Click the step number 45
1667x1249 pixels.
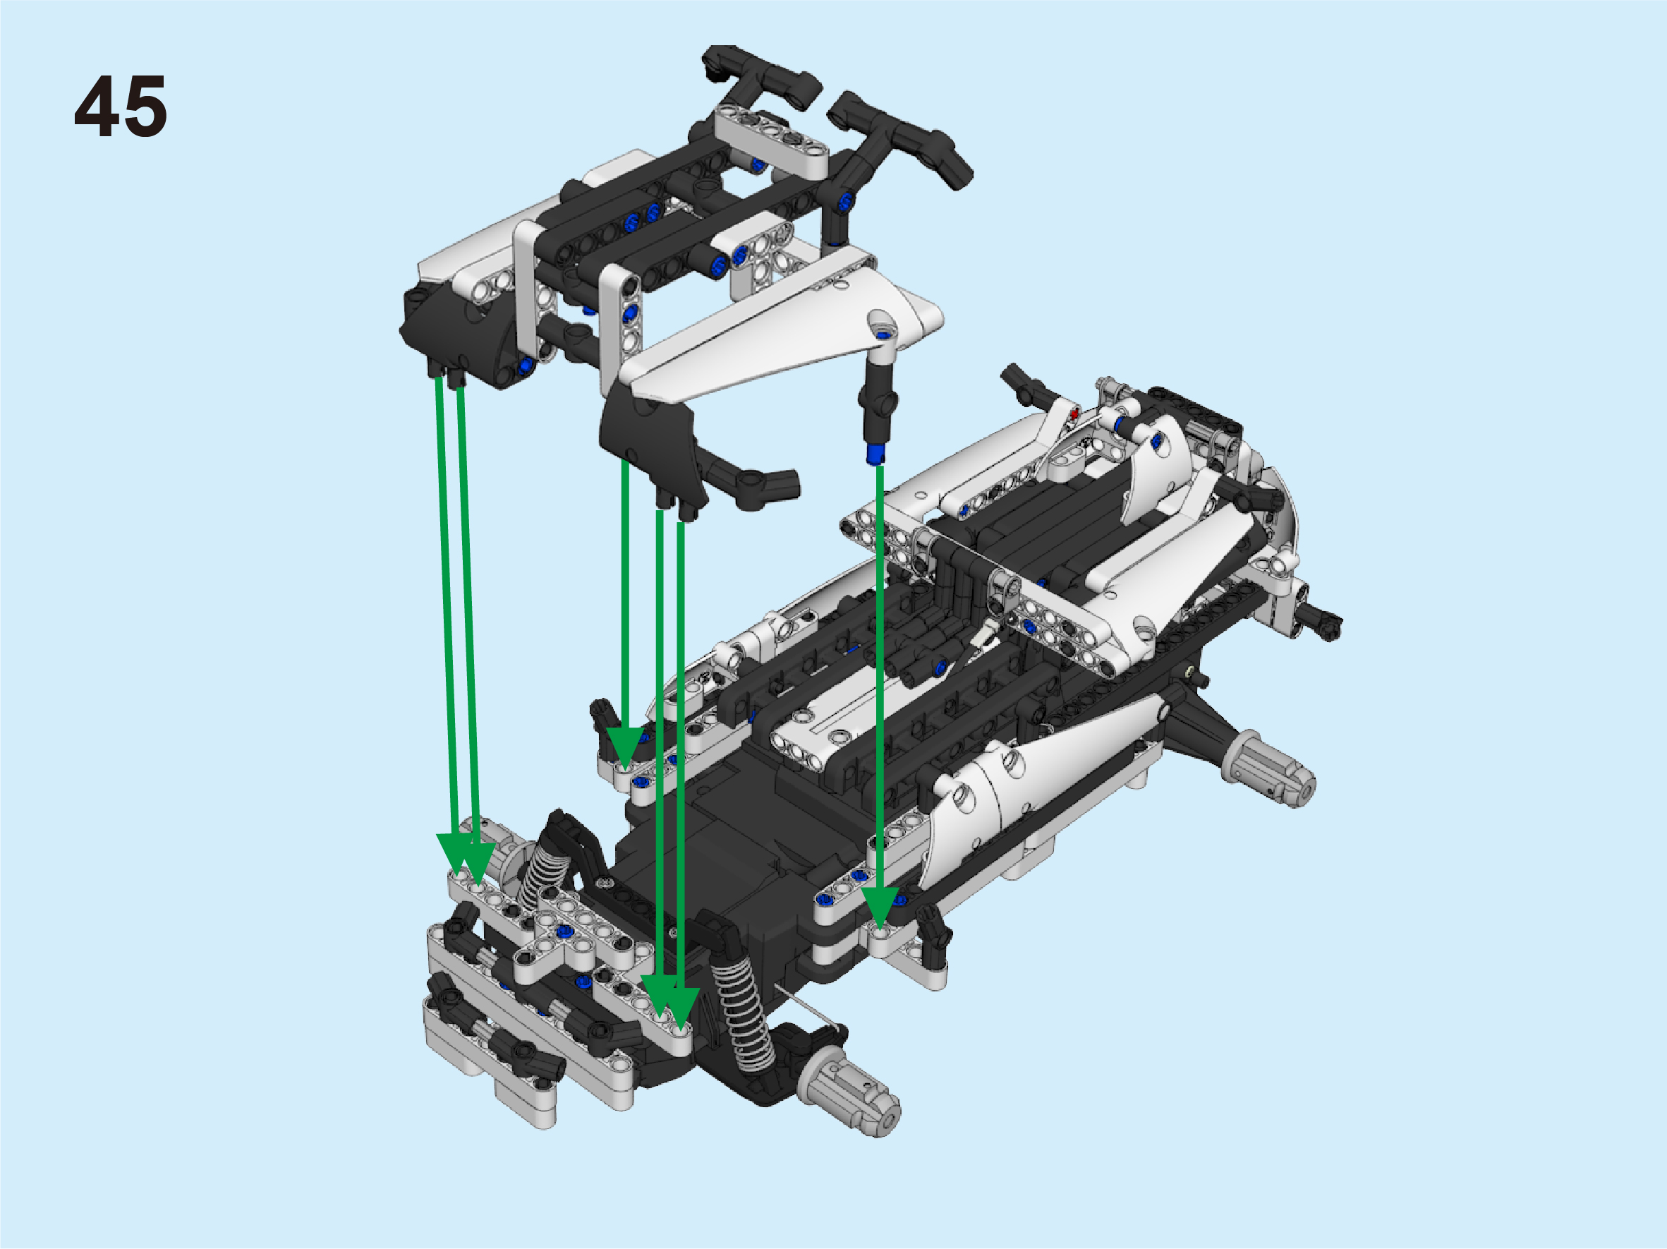(x=121, y=107)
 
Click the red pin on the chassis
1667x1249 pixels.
(x=1073, y=414)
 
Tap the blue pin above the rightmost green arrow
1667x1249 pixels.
(x=875, y=453)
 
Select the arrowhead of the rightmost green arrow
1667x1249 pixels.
(x=880, y=907)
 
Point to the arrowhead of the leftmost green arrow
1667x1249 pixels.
(x=454, y=855)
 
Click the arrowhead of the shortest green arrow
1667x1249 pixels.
(x=625, y=749)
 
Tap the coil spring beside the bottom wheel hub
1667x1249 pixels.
(x=744, y=1013)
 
